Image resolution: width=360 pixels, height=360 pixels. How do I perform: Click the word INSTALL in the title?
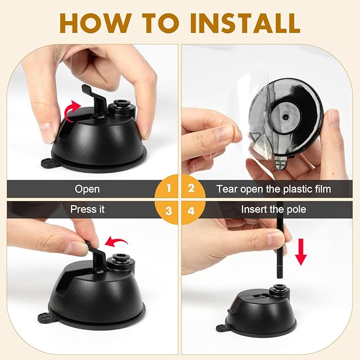(x=245, y=23)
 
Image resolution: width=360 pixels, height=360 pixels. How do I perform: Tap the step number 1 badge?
(x=166, y=189)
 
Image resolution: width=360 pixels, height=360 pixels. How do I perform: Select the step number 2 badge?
(x=194, y=189)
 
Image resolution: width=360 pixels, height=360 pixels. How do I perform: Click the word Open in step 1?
(x=87, y=189)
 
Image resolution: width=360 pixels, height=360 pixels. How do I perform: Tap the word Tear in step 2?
(x=227, y=189)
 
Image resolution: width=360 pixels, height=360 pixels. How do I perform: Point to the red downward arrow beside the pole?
(x=301, y=252)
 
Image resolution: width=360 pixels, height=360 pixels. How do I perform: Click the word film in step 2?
(x=323, y=189)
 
